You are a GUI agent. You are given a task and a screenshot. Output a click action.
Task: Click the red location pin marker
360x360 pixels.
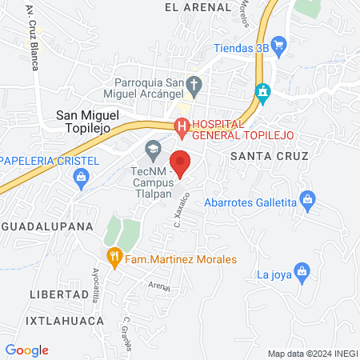[181, 162]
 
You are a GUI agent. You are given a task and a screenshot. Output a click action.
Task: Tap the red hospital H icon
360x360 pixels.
[182, 126]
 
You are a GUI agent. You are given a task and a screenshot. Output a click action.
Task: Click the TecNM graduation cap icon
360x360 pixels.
[152, 149]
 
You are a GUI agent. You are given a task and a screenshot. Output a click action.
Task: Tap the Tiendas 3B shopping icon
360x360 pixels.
[278, 45]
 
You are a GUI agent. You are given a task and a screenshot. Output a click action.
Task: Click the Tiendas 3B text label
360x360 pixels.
[241, 47]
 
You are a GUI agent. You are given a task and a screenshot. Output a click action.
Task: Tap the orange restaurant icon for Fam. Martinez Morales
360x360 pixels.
[114, 258]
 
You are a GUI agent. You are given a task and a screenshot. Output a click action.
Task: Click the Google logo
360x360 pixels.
[27, 350]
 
